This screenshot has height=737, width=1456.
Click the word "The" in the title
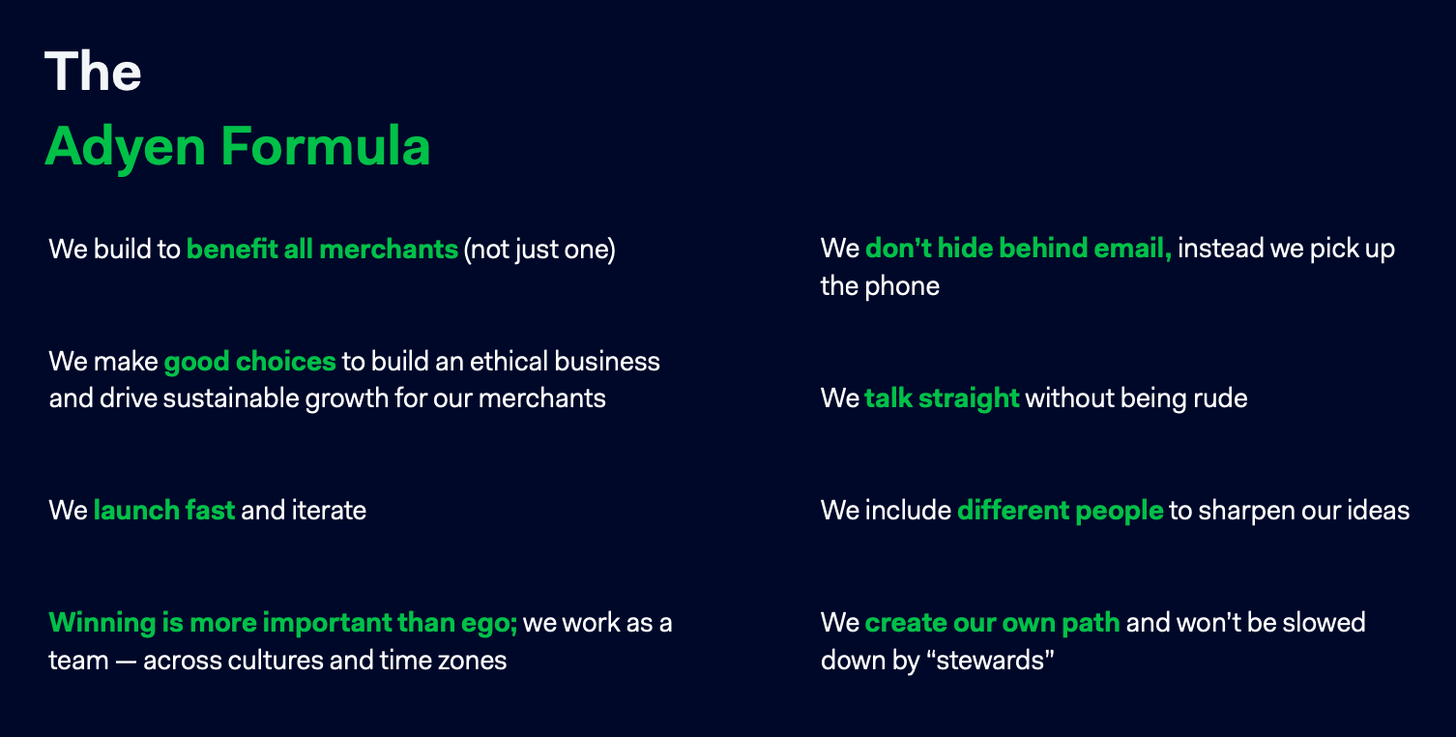pos(93,71)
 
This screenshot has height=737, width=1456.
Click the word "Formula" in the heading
pos(325,146)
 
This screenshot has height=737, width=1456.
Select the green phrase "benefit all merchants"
pos(322,250)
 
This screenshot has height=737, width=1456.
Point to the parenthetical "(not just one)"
pos(539,251)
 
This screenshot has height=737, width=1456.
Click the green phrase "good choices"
pos(249,363)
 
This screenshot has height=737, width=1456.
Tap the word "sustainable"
pos(231,398)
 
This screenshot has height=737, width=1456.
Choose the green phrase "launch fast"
pos(163,510)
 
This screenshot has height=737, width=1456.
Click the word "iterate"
pos(329,510)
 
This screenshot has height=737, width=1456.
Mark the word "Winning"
pos(102,624)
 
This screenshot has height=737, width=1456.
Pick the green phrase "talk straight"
pos(942,398)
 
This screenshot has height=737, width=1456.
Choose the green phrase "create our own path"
pos(992,624)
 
